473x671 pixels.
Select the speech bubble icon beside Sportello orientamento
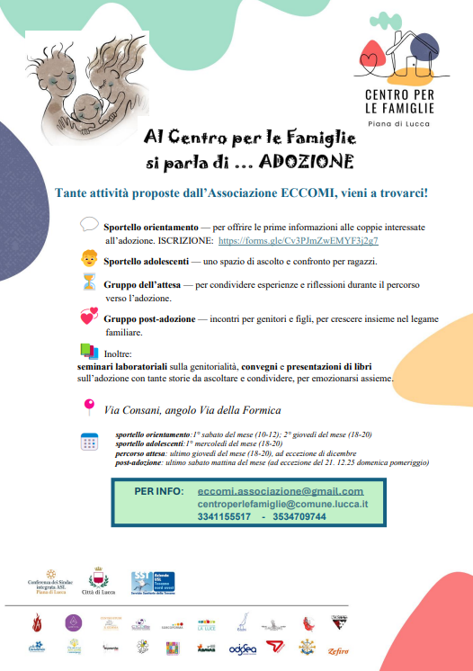point(89,224)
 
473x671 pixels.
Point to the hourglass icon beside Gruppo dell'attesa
point(88,284)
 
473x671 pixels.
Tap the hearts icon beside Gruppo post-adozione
point(88,317)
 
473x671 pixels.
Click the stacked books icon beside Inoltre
point(89,351)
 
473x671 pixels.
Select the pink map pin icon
point(89,407)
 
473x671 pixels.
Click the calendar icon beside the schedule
point(90,442)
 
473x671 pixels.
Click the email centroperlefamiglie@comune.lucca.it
point(282,504)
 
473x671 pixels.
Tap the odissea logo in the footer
point(243,648)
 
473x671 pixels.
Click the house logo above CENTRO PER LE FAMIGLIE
point(398,52)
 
